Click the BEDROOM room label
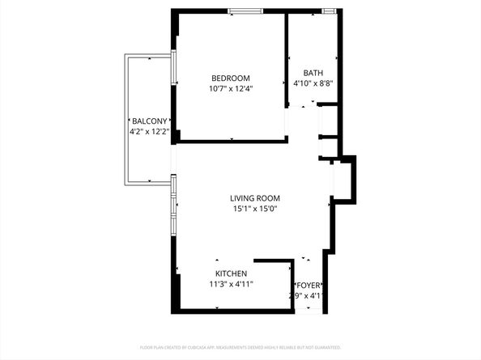[231, 78]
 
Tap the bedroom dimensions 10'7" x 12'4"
[231, 89]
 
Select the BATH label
[313, 72]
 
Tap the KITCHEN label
[232, 273]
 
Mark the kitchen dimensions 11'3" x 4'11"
[232, 284]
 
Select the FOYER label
[309, 286]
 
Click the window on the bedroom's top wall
[245, 11]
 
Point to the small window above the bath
[330, 11]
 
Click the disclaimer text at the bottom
[240, 347]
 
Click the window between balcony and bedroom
[174, 69]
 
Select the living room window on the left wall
[172, 206]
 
